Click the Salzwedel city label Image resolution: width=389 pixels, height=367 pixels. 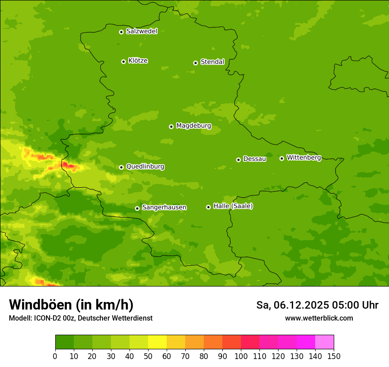tap(141, 31)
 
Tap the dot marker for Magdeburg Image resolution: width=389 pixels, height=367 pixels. tap(171, 126)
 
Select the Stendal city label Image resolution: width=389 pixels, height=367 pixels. tap(212, 62)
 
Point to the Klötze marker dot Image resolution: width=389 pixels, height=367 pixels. tap(123, 61)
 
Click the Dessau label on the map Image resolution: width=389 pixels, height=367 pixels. tap(255, 159)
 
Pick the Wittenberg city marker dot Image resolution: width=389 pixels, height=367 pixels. tap(282, 158)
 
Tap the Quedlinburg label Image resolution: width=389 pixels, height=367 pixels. tap(145, 167)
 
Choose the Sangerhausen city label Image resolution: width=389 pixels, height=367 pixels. tap(164, 207)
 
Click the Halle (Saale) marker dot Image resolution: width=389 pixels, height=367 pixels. tap(208, 207)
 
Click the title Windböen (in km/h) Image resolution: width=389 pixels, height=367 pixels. tap(71, 305)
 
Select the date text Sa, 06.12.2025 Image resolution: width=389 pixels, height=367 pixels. tap(292, 305)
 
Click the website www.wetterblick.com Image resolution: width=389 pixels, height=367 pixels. tap(319, 318)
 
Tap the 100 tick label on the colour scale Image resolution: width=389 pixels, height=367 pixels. tap(241, 356)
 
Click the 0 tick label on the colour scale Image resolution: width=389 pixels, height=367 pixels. tap(55, 356)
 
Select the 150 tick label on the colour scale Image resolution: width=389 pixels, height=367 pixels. tap(334, 356)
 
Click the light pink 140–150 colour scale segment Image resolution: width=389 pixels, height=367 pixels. tap(324, 342)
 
